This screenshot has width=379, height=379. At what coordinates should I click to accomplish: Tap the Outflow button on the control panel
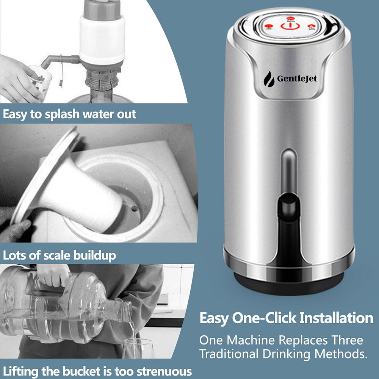(x=312, y=27)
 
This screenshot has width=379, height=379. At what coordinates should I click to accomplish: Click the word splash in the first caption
(x=66, y=114)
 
